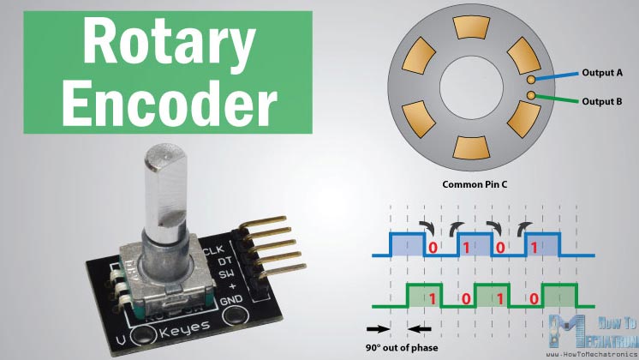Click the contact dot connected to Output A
[531, 78]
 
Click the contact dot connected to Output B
[531, 93]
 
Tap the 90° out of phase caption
[402, 347]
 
